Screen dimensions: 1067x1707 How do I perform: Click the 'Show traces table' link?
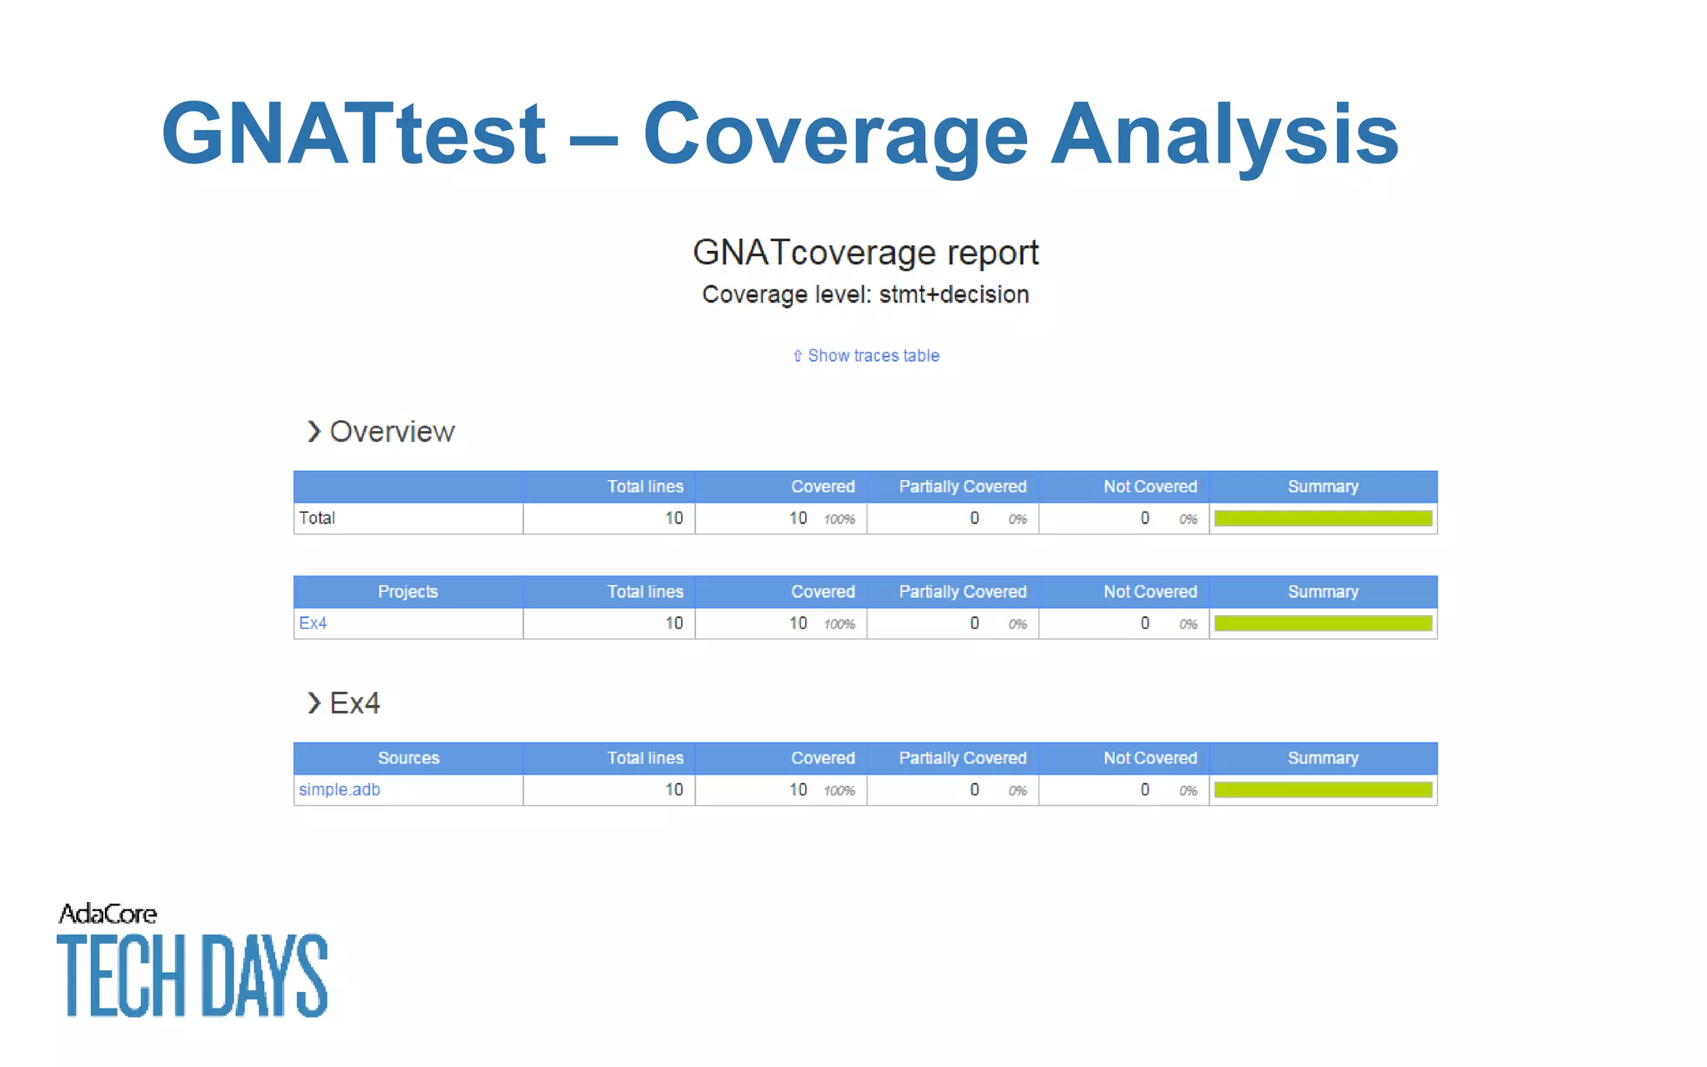(872, 356)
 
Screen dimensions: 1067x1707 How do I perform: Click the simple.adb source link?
(339, 789)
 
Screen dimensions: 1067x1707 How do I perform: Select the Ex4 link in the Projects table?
(313, 623)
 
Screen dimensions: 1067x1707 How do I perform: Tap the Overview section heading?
(391, 432)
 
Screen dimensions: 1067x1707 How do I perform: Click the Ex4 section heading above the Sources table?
(353, 703)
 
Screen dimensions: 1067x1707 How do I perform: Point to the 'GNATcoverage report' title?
(865, 253)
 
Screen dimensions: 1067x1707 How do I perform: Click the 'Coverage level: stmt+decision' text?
(865, 294)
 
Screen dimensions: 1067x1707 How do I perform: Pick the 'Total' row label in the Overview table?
(317, 518)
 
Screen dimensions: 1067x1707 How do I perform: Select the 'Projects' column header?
(408, 591)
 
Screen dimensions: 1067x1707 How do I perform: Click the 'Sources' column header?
(408, 758)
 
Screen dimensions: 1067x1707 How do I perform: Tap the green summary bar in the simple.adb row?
(1323, 789)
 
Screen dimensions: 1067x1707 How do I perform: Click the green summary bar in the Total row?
(1323, 518)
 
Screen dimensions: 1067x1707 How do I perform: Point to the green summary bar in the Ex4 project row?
(1323, 623)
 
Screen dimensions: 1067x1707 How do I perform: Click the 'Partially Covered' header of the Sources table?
(962, 758)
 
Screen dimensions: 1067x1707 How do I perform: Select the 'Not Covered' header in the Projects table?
(1149, 591)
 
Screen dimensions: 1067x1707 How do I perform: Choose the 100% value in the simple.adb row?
(839, 790)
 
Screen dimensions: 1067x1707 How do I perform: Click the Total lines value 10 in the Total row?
(673, 518)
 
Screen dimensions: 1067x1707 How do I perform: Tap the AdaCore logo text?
(108, 914)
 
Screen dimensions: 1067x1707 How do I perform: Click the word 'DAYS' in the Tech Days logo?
(264, 975)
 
